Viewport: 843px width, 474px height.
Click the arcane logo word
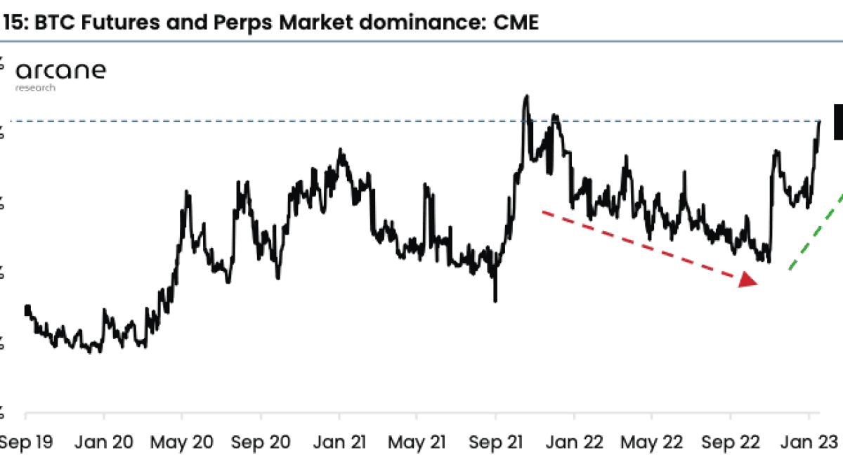[60, 70]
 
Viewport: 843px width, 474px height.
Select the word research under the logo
[35, 88]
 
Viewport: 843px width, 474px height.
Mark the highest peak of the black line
[525, 96]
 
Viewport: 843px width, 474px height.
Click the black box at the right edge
[838, 121]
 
